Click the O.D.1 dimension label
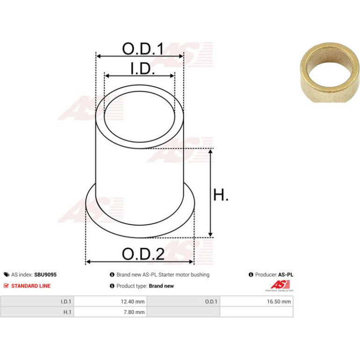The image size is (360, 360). click(143, 49)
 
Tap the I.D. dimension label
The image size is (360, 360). click(142, 68)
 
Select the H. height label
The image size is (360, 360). click(221, 194)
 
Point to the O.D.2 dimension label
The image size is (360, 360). click(143, 254)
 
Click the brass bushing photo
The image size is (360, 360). click(330, 72)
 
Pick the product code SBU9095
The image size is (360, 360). click(45, 274)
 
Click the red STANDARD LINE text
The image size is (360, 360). click(31, 286)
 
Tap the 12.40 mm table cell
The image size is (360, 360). click(110, 302)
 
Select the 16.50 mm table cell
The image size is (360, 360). click(257, 302)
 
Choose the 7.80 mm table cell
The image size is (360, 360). click(110, 312)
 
